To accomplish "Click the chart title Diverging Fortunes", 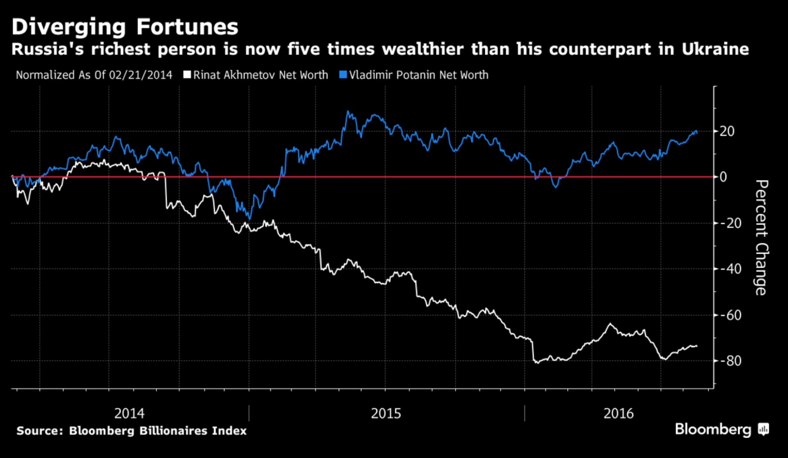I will [125, 27].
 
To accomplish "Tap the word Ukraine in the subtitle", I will [715, 49].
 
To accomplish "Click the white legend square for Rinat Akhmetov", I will [187, 75].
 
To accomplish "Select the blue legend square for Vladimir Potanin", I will [343, 75].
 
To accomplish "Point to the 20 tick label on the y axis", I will [727, 131].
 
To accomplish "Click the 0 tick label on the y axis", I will [723, 177].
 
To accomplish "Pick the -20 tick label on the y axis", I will [731, 223].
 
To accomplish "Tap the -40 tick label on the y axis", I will [731, 269].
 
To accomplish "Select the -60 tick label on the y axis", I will [731, 315].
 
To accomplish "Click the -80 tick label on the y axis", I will [731, 361].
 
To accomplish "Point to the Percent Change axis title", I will [761, 237].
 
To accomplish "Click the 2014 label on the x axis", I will [129, 413].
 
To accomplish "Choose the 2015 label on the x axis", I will [386, 413].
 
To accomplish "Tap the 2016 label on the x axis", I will [618, 413].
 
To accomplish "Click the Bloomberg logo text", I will [713, 429].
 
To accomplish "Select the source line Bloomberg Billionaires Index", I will [131, 431].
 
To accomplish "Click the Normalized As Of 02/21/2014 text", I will [94, 75].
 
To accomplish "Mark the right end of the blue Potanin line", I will [696, 132].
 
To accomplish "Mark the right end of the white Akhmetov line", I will [696, 346].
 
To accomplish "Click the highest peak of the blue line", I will [348, 111].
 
